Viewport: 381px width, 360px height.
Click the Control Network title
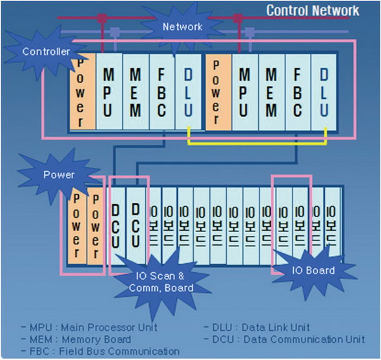(x=313, y=11)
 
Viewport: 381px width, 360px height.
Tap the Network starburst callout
(x=182, y=26)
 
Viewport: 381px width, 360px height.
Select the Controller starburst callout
(x=46, y=52)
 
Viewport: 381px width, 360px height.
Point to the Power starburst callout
(x=59, y=175)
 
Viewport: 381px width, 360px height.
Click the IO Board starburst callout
(x=313, y=271)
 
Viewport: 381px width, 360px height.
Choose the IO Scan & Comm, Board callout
(x=161, y=282)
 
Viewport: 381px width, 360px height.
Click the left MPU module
(x=109, y=92)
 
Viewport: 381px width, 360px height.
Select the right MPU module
(x=245, y=92)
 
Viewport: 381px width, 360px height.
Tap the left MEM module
(x=136, y=92)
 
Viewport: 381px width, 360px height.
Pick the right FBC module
(x=298, y=92)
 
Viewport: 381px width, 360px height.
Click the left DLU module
(x=188, y=92)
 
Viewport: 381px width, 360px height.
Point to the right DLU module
(x=324, y=92)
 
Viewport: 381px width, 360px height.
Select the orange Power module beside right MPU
(x=218, y=92)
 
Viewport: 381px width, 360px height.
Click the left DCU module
(x=116, y=226)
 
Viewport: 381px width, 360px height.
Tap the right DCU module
(x=136, y=226)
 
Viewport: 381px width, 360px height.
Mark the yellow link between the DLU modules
(x=257, y=143)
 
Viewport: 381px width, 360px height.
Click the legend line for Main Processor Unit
(x=89, y=328)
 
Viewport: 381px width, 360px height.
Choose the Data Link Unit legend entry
(x=257, y=328)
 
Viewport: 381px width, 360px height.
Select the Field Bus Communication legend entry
(x=101, y=351)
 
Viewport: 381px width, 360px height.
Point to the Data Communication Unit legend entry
(x=284, y=339)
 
